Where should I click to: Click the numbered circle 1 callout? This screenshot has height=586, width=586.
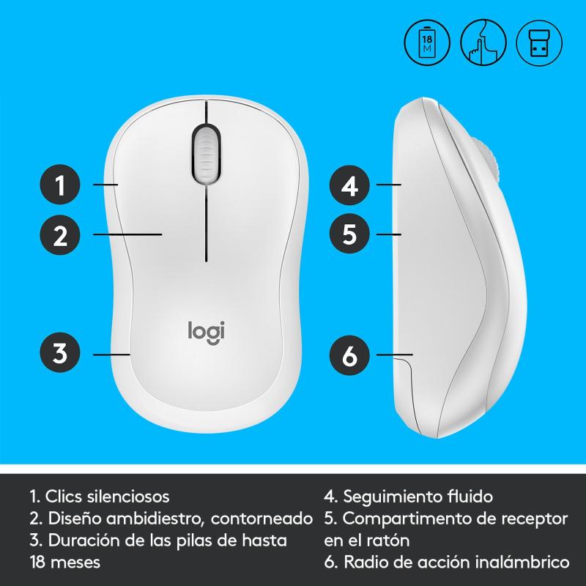tap(60, 185)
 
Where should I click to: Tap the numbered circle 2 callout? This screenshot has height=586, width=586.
tap(60, 235)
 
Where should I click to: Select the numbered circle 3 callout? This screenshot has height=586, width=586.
tap(60, 352)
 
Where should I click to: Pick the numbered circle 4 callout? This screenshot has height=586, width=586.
tap(349, 185)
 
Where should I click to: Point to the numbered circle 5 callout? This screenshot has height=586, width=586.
tap(349, 234)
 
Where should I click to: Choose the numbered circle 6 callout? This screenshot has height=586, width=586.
tap(349, 355)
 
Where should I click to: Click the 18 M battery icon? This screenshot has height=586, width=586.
tap(427, 42)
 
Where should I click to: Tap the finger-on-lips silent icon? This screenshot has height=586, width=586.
tap(483, 42)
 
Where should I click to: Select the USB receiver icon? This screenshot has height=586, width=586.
tap(539, 42)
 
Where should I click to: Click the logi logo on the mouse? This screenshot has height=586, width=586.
tap(207, 333)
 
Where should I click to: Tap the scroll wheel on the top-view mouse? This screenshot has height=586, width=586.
tap(206, 155)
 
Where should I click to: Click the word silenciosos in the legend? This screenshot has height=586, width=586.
tap(128, 497)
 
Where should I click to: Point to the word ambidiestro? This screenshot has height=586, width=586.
tap(155, 519)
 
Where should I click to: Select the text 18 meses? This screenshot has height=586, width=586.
tap(65, 562)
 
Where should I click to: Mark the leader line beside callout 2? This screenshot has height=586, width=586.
tap(127, 234)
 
